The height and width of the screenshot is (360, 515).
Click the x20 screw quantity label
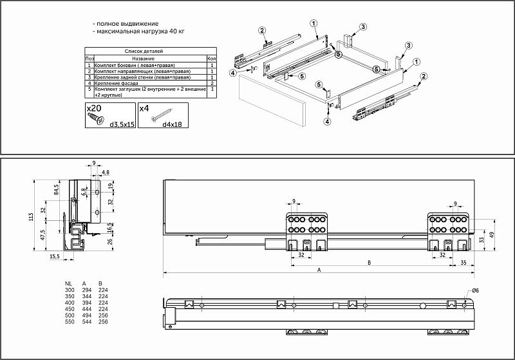click(x=94, y=109)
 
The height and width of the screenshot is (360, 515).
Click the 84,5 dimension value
click(x=57, y=190)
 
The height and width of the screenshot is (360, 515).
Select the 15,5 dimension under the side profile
click(x=55, y=257)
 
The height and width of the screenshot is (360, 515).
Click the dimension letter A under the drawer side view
click(x=319, y=271)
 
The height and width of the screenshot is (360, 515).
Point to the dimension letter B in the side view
click(x=369, y=263)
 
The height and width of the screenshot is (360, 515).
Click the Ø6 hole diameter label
click(x=475, y=291)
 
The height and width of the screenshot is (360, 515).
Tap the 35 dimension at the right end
click(x=463, y=263)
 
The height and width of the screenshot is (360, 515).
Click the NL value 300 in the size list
click(x=69, y=290)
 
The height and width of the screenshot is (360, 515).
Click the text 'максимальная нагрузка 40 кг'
click(x=139, y=31)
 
